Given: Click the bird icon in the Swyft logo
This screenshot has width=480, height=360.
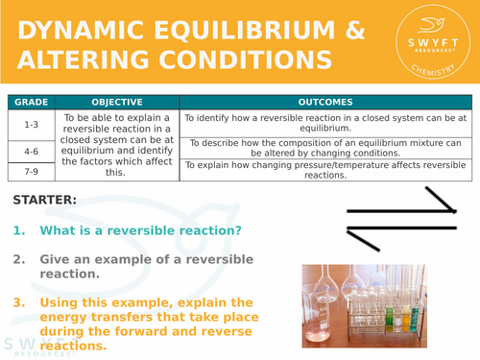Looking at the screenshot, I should coord(427,29).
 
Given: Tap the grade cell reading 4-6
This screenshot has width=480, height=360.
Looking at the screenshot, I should coord(30,150).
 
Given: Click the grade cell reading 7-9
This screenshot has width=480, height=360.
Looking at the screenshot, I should coord(30,171).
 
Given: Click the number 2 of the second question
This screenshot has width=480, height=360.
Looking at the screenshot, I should coord(19,259).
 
